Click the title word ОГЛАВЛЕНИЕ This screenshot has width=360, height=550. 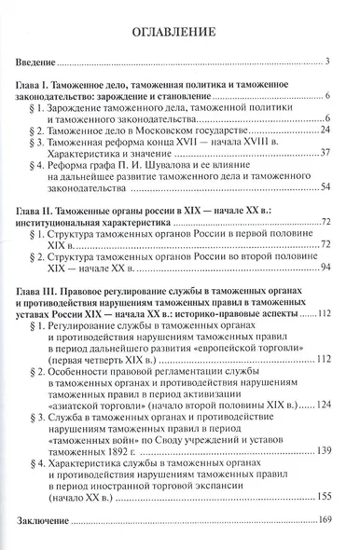[x=180, y=31]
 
